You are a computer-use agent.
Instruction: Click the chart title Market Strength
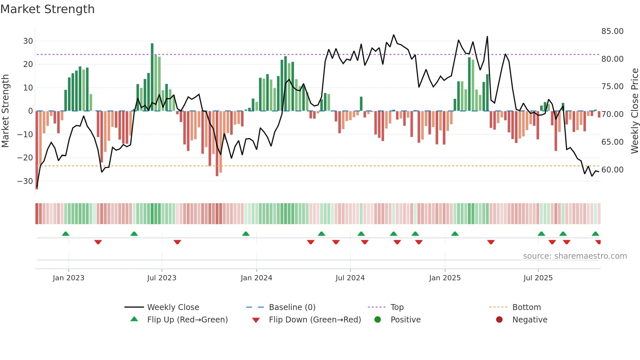point(47,9)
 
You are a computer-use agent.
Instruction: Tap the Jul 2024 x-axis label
point(350,278)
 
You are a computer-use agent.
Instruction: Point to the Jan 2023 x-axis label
point(68,278)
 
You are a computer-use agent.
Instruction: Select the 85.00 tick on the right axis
point(612,31)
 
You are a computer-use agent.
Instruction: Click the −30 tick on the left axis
point(25,181)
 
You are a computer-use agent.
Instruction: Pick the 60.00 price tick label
point(612,170)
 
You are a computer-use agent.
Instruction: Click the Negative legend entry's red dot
point(499,320)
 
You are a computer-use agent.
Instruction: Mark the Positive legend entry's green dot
point(377,320)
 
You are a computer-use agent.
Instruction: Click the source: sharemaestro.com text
point(575,256)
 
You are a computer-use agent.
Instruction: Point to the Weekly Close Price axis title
point(634,111)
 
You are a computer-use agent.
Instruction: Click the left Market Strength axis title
point(5,111)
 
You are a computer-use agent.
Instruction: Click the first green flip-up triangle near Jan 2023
point(66,234)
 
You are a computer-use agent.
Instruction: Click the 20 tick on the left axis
point(28,64)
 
